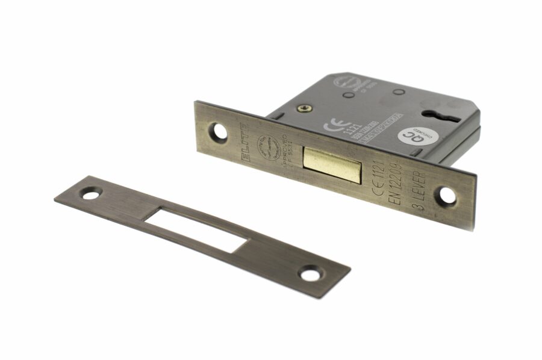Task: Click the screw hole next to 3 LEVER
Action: [x=446, y=194]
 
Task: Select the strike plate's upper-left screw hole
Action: [x=90, y=194]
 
